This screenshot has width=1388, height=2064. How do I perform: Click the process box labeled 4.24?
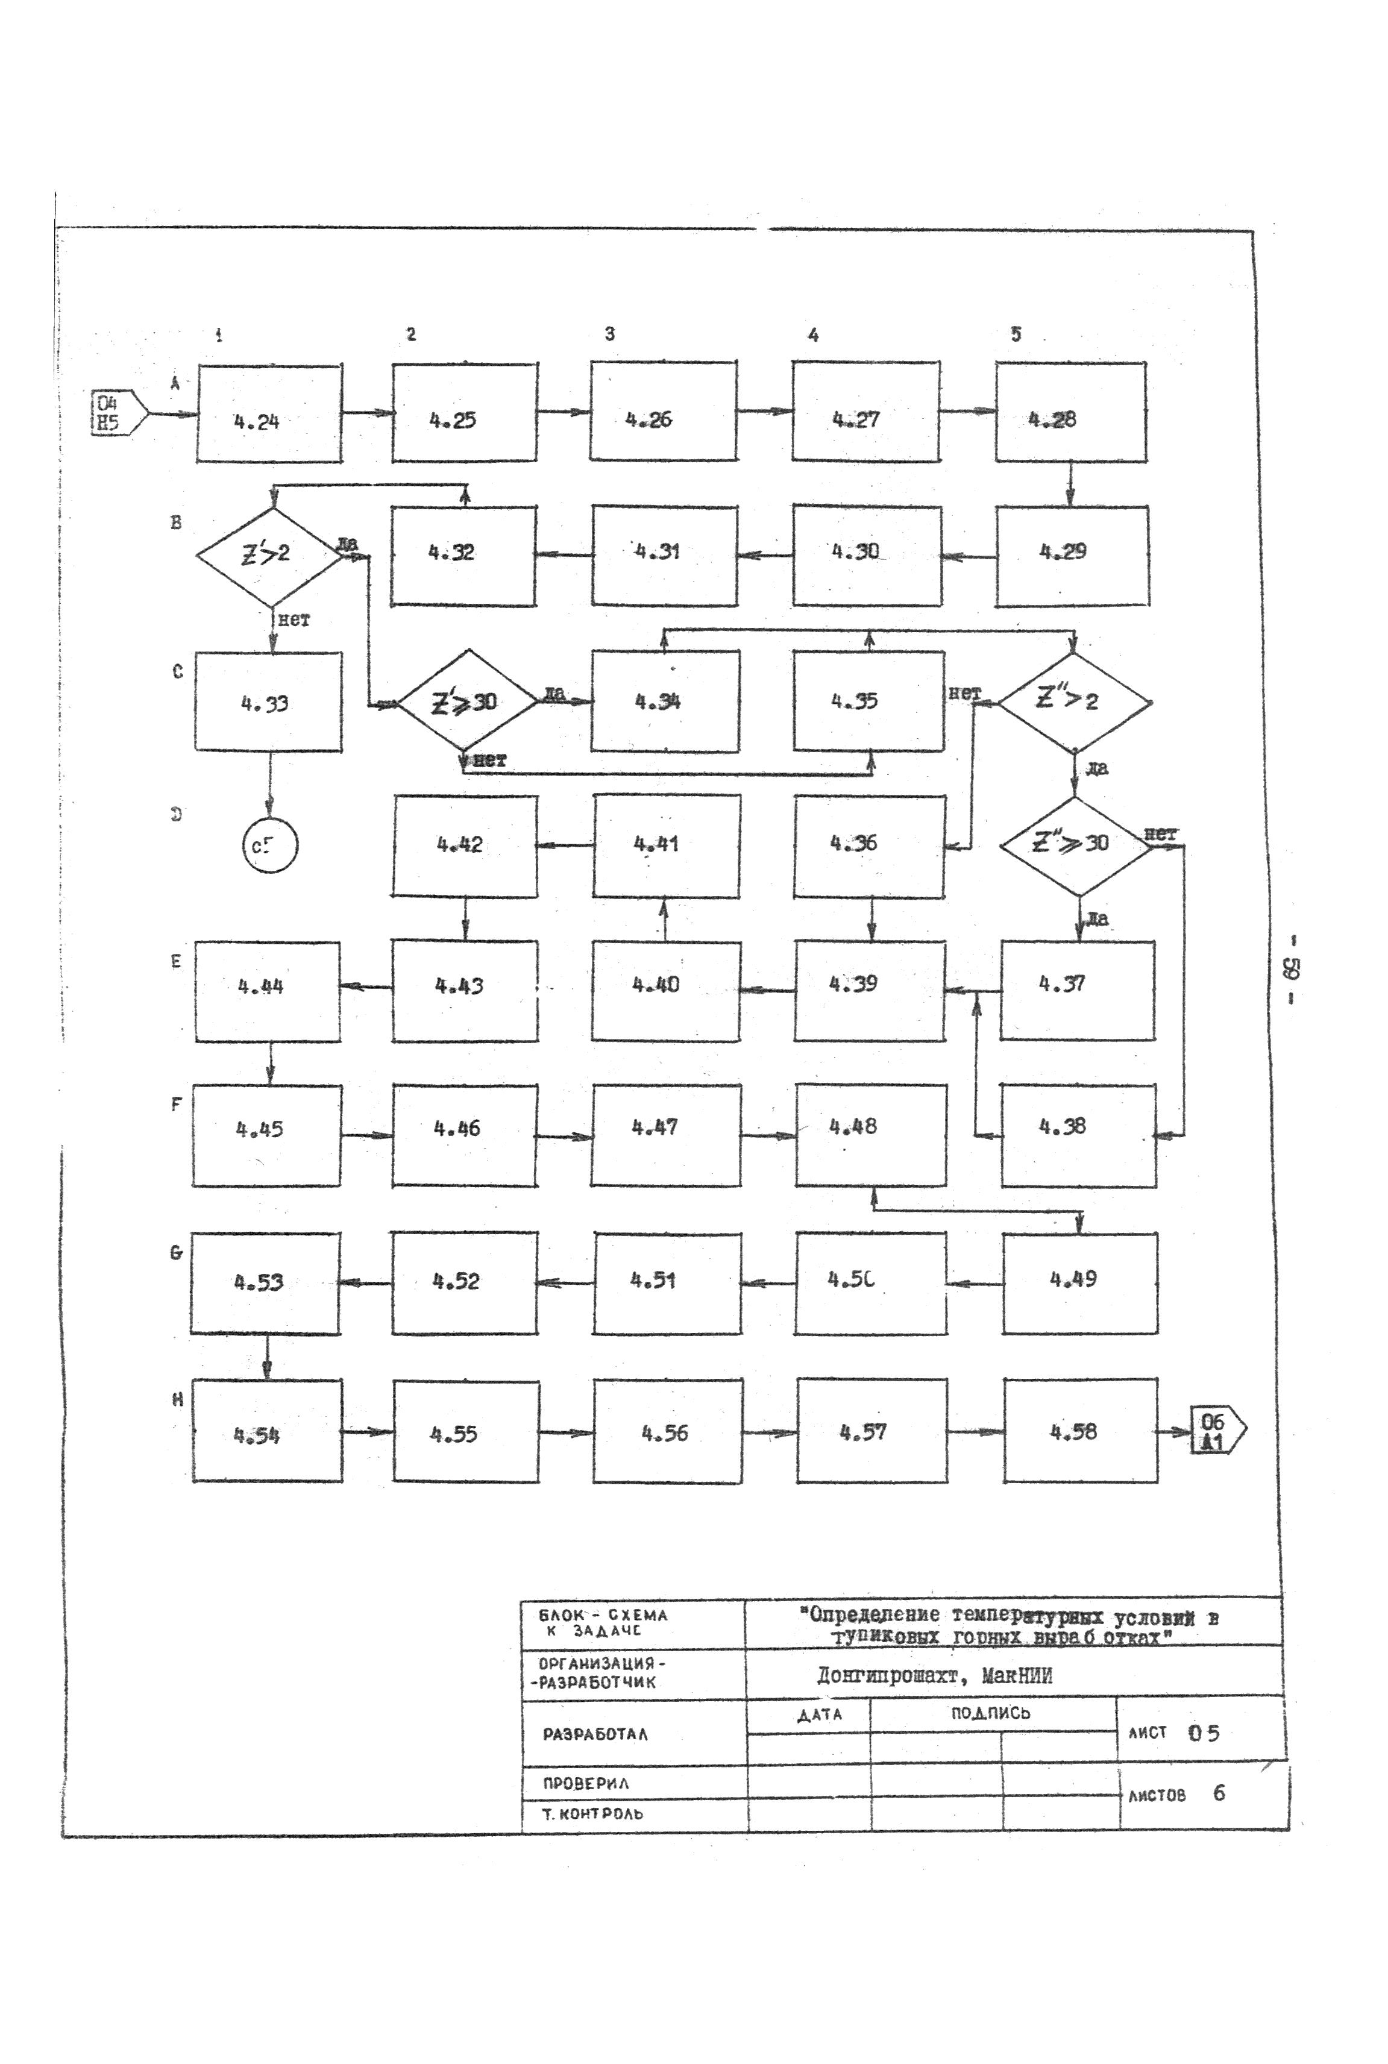[x=269, y=413]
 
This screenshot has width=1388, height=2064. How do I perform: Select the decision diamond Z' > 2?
[x=269, y=556]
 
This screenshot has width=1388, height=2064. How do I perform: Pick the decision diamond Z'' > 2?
[x=1074, y=703]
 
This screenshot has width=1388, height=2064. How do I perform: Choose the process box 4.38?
[x=1078, y=1135]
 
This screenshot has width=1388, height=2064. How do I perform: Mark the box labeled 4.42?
[x=465, y=845]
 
